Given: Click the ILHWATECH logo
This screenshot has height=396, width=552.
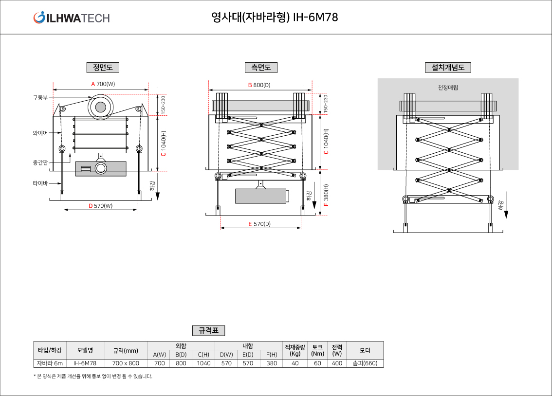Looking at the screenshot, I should coord(72,18).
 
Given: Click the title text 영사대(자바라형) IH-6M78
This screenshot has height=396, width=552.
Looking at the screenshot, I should coord(275,18).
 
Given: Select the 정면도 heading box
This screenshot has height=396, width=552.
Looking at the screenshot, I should coord(103,68).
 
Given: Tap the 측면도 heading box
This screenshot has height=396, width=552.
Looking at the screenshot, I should coord(261,68).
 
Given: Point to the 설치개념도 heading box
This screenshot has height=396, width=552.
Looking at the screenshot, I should coord(448,68).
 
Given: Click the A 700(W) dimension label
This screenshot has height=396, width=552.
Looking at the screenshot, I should coord(103,84).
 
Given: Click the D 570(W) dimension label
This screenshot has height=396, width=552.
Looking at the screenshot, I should coord(100,206).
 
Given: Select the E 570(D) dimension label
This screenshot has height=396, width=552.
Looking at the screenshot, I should coord(259,224).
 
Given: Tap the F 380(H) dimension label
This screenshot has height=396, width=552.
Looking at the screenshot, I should coord(326,195).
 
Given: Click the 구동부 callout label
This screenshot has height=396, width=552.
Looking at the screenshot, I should coord(40,97).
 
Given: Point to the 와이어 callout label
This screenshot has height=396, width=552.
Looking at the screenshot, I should coord(40,132).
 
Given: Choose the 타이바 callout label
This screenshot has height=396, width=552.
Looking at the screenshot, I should coord(40,183).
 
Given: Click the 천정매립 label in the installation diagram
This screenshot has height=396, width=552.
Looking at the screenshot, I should coord(448,88).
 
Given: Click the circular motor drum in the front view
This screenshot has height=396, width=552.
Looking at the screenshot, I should coord(100,107).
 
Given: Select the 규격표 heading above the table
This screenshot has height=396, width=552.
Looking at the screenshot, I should coord(208,331).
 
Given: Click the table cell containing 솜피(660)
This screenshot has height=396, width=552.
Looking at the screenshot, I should coord(365,363).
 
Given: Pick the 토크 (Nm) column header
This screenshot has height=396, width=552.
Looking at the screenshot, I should coord(317,350).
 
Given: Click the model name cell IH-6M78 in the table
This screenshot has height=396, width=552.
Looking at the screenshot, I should coord(85,363).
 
